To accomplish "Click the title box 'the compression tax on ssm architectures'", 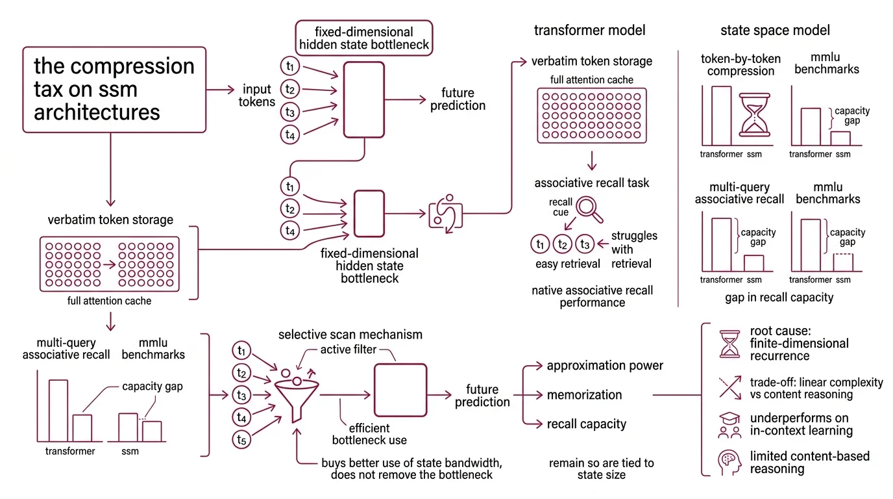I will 114,89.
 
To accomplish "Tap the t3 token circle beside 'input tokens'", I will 289,112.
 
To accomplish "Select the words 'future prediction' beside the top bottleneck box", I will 458,99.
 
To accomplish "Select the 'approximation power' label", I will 605,365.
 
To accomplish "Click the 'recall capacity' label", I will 586,424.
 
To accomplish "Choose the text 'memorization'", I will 584,394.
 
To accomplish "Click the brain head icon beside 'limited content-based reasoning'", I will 729,462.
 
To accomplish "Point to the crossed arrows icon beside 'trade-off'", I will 729,387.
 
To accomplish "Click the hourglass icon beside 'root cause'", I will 729,343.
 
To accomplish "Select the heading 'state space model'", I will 775,30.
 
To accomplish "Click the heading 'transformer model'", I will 589,30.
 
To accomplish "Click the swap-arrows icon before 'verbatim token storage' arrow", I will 446,212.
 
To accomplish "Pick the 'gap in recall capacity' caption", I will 779,298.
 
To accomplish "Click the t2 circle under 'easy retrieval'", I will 562,244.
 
